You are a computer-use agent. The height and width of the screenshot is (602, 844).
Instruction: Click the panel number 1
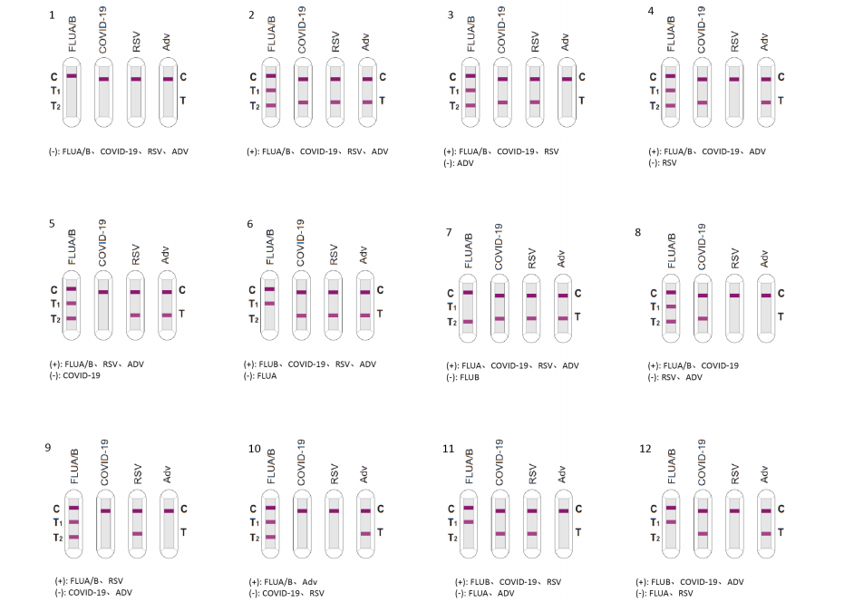52,15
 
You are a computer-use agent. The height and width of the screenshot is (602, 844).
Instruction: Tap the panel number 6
251,223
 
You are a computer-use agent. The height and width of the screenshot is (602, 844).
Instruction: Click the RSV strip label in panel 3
535,41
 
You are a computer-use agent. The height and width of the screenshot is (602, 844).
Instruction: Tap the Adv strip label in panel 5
166,256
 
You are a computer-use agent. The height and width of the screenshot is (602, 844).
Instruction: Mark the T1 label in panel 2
257,91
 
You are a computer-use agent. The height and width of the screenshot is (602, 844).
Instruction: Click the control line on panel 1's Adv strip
168,79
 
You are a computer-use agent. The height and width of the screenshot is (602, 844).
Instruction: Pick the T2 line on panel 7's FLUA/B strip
468,321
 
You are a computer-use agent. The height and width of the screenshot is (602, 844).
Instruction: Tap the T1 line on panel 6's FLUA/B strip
269,303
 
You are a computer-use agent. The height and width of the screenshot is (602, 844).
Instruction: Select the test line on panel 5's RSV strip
135,315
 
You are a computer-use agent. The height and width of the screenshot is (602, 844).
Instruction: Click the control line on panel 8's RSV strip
733,296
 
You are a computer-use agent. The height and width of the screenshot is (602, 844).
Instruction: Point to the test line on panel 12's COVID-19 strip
702,533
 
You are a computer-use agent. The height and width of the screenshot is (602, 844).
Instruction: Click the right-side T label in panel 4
781,101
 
